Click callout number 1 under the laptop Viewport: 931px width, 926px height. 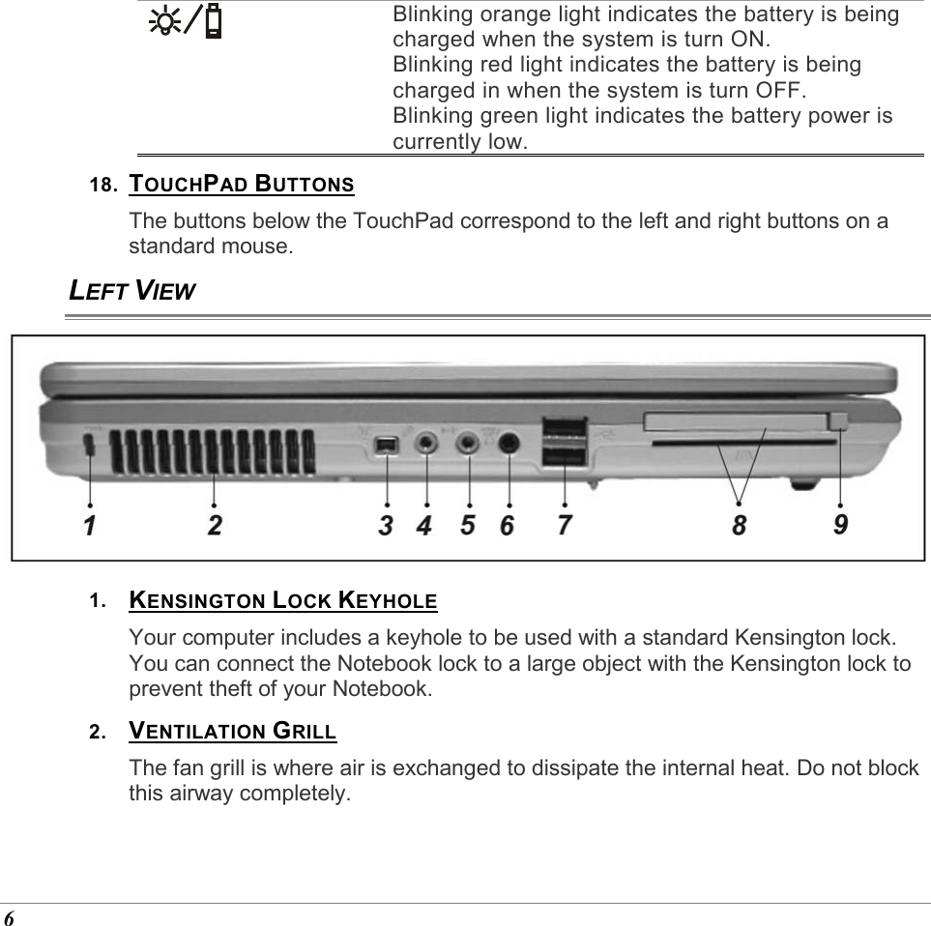pyautogui.click(x=89, y=526)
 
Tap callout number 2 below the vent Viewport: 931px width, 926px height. pyautogui.click(x=214, y=526)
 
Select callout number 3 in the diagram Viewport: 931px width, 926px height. pyautogui.click(x=386, y=526)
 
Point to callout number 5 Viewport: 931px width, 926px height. pyautogui.click(x=468, y=526)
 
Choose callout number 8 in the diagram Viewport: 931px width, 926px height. pyautogui.click(x=740, y=526)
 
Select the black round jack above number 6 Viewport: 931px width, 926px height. pyautogui.click(x=509, y=444)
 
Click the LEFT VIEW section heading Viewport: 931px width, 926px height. pyautogui.click(x=132, y=290)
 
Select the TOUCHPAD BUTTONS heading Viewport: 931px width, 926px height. pyautogui.click(x=242, y=184)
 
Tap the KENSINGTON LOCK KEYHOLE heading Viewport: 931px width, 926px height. pyautogui.click(x=283, y=600)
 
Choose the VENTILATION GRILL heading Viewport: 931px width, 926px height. pyautogui.click(x=233, y=731)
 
